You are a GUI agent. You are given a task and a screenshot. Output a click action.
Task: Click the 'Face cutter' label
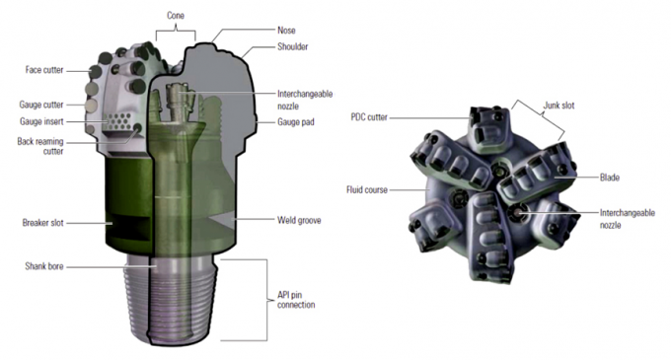(x=44, y=70)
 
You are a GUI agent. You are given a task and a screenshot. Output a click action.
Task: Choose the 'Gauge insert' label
(x=42, y=121)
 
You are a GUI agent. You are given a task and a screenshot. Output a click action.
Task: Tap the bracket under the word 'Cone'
(x=178, y=29)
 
